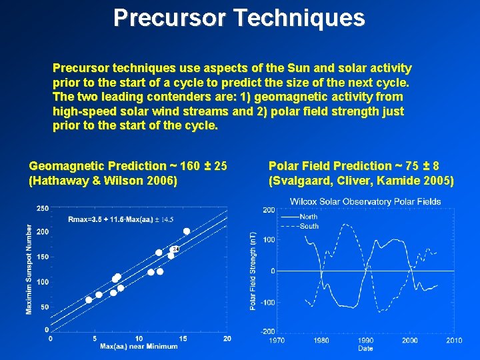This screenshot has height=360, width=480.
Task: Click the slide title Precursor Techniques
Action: coord(239,17)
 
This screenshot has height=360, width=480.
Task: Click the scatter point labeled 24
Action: coord(171,255)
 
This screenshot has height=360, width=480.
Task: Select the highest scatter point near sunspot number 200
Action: coord(187,231)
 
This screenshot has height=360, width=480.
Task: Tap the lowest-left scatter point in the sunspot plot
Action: coord(89,300)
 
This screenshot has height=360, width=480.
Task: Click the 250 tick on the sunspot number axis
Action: coord(43,209)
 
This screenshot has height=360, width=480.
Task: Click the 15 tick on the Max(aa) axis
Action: coord(183,339)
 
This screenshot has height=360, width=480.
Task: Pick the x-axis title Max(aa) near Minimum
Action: coord(139,347)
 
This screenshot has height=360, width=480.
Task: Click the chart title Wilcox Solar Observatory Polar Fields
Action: coord(365,201)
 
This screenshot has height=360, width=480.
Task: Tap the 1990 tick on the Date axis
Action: coord(365,341)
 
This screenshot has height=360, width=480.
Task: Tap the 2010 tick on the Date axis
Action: coord(454,341)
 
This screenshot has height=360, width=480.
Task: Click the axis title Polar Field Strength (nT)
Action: coord(253,271)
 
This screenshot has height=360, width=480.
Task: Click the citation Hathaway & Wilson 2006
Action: coord(103,181)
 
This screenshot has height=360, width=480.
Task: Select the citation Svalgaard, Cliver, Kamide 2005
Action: coord(361,181)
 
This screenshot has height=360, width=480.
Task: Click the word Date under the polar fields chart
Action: coord(365,349)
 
